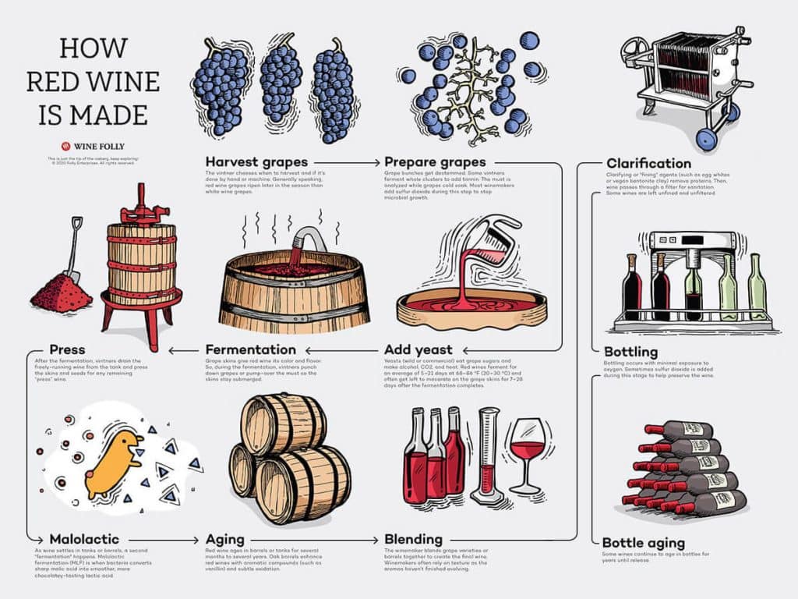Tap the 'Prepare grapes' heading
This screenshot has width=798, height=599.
pyautogui.click(x=435, y=162)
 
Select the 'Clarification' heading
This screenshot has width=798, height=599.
pyautogui.click(x=648, y=163)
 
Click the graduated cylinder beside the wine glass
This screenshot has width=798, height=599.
pyautogui.click(x=489, y=456)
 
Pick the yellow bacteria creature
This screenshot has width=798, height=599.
pyautogui.click(x=115, y=465)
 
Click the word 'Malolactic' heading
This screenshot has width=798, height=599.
pyautogui.click(x=83, y=540)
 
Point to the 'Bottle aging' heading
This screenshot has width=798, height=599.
pyautogui.click(x=644, y=543)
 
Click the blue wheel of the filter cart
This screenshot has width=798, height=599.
pyautogui.click(x=706, y=140)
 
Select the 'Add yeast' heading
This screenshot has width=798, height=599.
pyautogui.click(x=418, y=349)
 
